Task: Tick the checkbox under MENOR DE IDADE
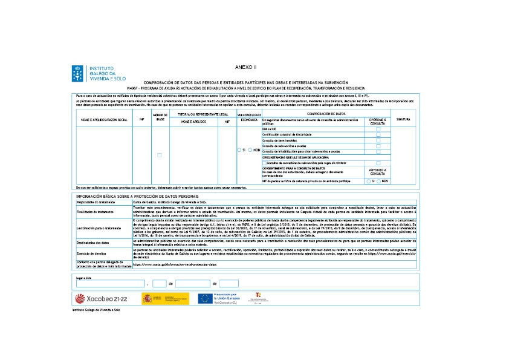[x=160, y=155]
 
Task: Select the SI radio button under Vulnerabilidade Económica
[x=240, y=149]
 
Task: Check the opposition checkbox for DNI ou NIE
[x=378, y=129]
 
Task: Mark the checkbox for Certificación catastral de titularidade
[x=378, y=135]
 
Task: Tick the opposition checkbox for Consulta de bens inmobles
[x=378, y=140]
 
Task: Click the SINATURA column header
[x=403, y=119]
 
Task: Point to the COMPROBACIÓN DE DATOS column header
[x=326, y=113]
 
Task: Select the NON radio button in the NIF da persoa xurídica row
[x=378, y=181]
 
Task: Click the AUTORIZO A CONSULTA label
[x=378, y=172]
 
